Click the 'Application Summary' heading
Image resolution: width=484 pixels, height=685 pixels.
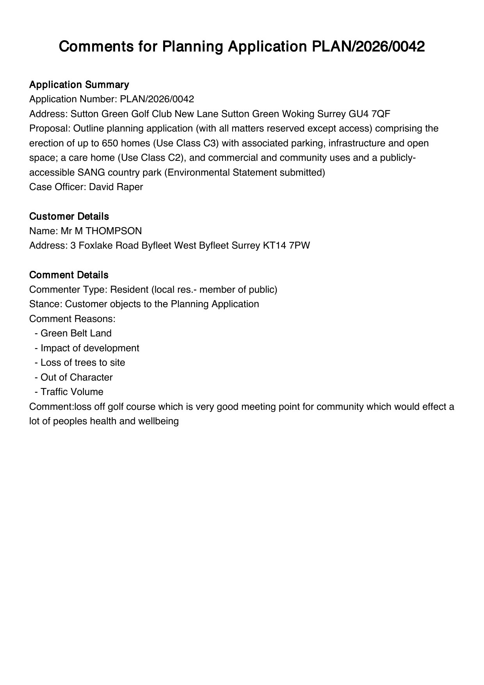79,85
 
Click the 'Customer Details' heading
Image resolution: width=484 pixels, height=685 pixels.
69,216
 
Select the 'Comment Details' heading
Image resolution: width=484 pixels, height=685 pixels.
69,275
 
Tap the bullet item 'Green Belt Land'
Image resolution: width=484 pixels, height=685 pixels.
76,333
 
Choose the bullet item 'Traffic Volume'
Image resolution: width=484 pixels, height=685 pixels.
72,392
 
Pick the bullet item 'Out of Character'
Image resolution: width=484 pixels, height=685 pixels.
77,377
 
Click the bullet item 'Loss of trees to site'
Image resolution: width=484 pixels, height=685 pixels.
83,363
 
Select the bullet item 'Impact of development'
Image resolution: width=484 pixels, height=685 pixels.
90,348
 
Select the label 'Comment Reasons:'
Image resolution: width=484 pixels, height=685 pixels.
72,319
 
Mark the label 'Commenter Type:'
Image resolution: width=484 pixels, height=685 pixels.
68,290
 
